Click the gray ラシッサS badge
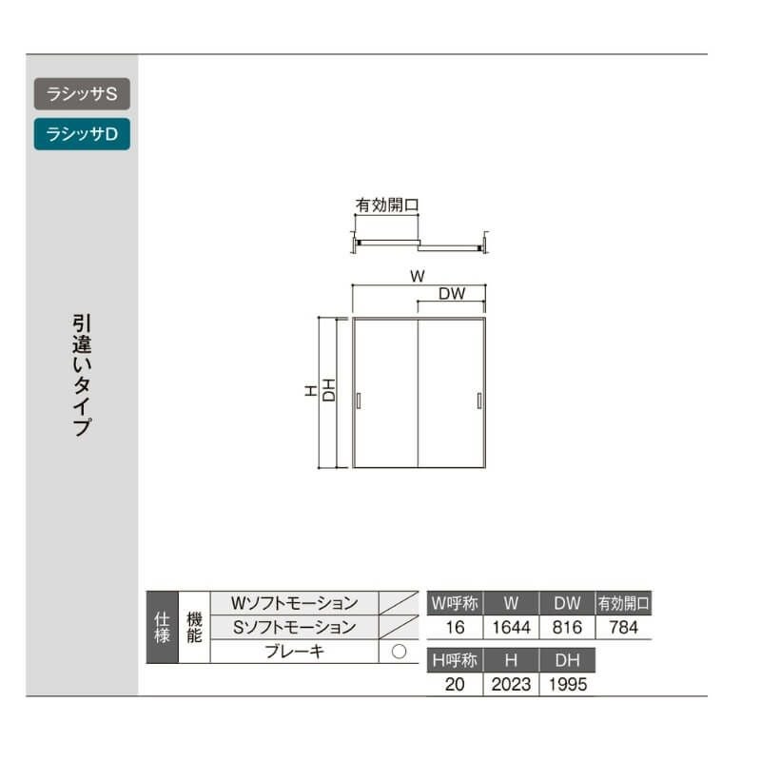tap(82, 93)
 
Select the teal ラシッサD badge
tap(82, 134)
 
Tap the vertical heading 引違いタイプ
tap(82, 375)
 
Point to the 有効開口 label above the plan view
tap(387, 205)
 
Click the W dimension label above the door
tap(418, 276)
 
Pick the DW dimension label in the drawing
tap(452, 293)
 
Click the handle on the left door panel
tap(359, 400)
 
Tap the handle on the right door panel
tap(479, 400)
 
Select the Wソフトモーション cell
tap(294, 603)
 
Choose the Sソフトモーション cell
tap(294, 627)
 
